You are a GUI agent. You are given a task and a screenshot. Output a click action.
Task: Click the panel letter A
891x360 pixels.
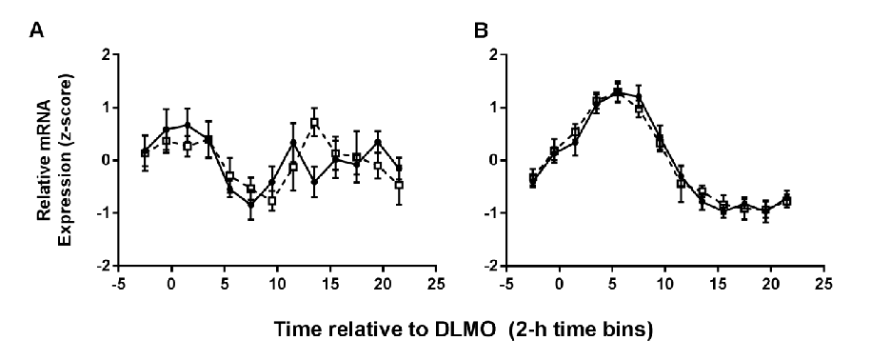coord(37,30)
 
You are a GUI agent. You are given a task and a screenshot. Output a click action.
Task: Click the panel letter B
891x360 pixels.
coord(481,30)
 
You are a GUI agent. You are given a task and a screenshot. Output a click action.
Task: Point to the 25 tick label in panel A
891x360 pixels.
coord(436,283)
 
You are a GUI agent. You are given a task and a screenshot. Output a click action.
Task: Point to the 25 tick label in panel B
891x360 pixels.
coord(824,283)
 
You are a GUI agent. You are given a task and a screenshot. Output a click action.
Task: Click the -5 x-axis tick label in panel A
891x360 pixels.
coord(117,283)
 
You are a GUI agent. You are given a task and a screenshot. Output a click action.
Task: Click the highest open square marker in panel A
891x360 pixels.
coord(314,123)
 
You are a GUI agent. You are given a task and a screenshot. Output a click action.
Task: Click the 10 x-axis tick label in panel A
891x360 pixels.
coord(277,283)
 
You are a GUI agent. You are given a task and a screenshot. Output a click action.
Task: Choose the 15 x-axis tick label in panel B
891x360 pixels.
coord(719,283)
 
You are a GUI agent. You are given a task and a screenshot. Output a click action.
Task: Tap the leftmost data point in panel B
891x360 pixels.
coord(532,179)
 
